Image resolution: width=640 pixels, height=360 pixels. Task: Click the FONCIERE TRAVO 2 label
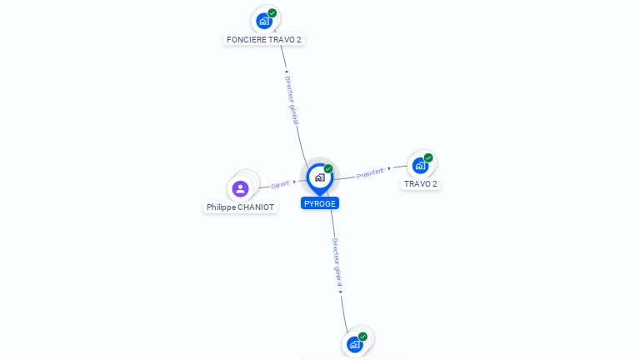pos(264,39)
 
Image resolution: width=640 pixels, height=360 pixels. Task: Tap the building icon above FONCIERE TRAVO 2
pos(264,21)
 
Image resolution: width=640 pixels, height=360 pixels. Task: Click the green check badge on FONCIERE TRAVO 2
pos(272,13)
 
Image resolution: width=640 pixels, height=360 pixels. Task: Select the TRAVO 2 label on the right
pos(421,183)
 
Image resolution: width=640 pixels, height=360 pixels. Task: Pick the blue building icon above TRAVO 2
pos(420,166)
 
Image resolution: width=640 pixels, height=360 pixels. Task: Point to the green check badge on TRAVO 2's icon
pos(428,157)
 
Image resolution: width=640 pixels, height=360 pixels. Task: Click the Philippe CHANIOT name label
pos(240,207)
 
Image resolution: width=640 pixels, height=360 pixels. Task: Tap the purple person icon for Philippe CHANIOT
pos(241,188)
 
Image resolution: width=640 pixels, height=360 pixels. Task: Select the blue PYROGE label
pos(320,203)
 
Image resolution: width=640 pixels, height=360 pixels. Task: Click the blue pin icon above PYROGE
pos(319,177)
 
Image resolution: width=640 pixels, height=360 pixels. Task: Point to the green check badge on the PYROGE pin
pos(328,169)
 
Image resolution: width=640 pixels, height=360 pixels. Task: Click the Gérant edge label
pos(280,184)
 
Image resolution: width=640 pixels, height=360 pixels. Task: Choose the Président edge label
pos(370,173)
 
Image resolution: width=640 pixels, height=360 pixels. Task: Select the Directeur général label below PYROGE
pos(337,262)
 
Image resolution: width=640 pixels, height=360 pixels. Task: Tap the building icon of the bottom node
pos(355,344)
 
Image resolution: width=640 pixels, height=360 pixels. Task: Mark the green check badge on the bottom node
pos(362,337)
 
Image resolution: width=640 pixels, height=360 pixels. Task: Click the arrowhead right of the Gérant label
pos(295,182)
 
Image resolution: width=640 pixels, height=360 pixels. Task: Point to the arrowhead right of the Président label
pos(389,168)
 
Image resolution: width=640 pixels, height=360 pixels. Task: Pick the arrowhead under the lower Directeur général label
pos(341,292)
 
